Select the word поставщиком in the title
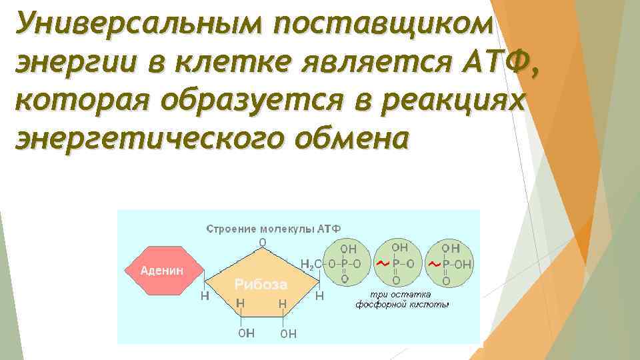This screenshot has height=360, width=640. [x=381, y=25]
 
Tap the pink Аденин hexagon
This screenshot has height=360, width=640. [x=163, y=271]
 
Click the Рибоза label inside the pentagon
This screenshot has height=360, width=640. [x=260, y=285]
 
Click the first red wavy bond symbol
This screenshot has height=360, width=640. [x=382, y=264]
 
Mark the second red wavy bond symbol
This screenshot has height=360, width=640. [x=434, y=264]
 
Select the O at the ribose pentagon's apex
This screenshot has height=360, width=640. [x=262, y=241]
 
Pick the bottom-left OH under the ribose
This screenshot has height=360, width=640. [x=246, y=333]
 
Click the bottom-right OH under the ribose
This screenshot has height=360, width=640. [x=288, y=333]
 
